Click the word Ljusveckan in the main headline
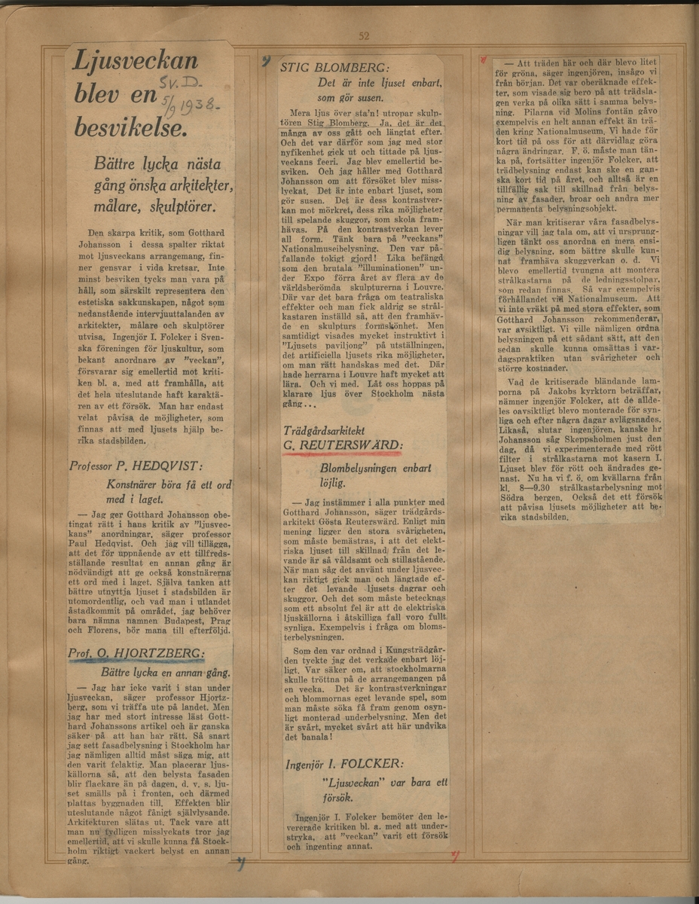(136, 62)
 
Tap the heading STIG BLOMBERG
(331, 66)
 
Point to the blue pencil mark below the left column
(240, 864)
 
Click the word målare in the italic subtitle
(117, 206)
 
